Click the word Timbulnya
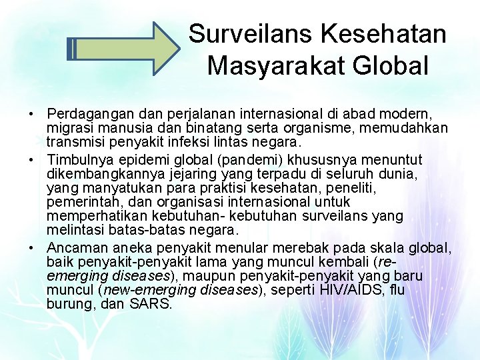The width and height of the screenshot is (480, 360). point(80,160)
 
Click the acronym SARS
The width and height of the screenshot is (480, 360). point(152,304)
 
